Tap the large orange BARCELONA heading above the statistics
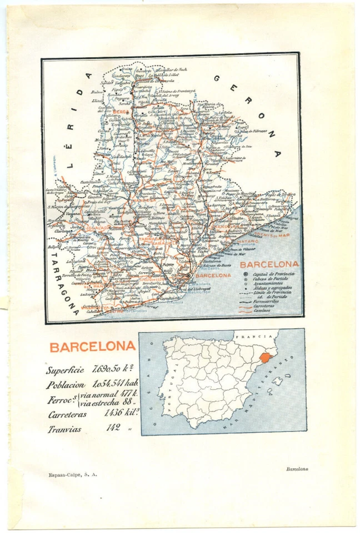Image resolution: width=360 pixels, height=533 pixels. coord(92,347)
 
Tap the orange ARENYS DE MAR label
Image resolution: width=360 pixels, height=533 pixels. coord(272,235)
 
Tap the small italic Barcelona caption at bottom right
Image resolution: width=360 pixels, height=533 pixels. coord(297,469)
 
